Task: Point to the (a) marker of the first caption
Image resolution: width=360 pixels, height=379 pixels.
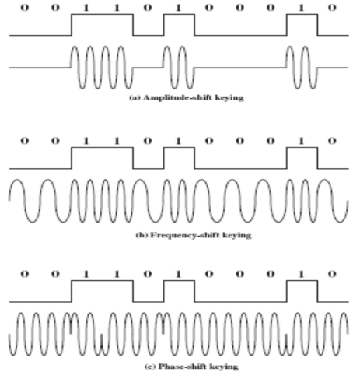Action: pos(135,98)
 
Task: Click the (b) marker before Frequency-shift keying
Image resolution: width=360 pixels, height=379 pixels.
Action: pos(142,235)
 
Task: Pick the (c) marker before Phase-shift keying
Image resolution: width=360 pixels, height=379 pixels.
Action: pos(151,367)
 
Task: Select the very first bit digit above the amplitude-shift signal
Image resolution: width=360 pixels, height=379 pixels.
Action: pos(25,8)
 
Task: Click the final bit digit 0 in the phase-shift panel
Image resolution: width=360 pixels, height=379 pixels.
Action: pos(332,274)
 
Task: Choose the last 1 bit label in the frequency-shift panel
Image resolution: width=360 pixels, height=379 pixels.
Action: pos(301,141)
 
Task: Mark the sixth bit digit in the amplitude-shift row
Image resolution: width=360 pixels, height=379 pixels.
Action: pos(178,8)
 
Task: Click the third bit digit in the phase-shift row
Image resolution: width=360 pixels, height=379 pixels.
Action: pos(86,274)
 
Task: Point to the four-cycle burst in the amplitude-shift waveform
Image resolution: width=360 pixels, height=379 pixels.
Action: pos(102,68)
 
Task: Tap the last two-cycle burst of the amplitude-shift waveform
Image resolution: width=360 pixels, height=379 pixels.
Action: pos(302,68)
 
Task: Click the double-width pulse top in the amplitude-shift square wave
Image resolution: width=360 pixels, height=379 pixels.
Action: pos(103,15)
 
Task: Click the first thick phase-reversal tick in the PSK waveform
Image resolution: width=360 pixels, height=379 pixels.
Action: pos(71,327)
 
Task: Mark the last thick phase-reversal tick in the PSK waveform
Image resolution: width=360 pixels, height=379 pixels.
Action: pos(286,341)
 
